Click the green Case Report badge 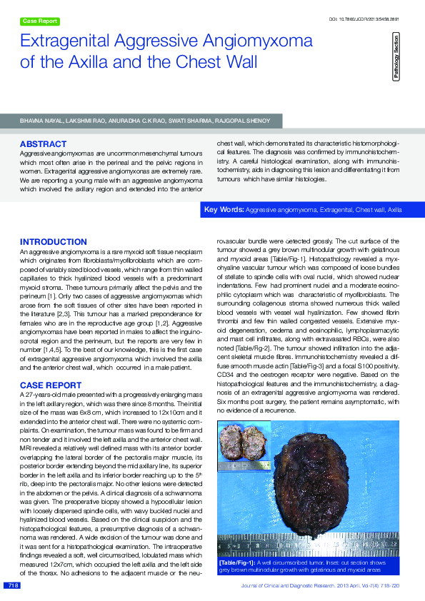[x=40, y=21]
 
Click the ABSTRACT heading [x=43, y=144]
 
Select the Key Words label [x=224, y=210]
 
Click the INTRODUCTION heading [x=54, y=243]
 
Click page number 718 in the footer [x=11, y=585]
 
